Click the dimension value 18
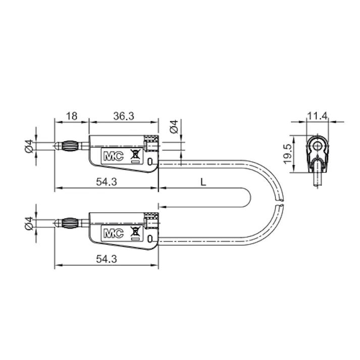click(x=71, y=116)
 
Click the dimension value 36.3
click(x=123, y=116)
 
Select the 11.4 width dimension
click(x=317, y=116)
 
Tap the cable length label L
click(x=203, y=183)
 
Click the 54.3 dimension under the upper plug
click(x=106, y=183)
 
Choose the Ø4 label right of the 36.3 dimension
click(x=173, y=127)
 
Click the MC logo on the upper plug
click(x=111, y=157)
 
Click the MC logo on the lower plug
click(x=111, y=233)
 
